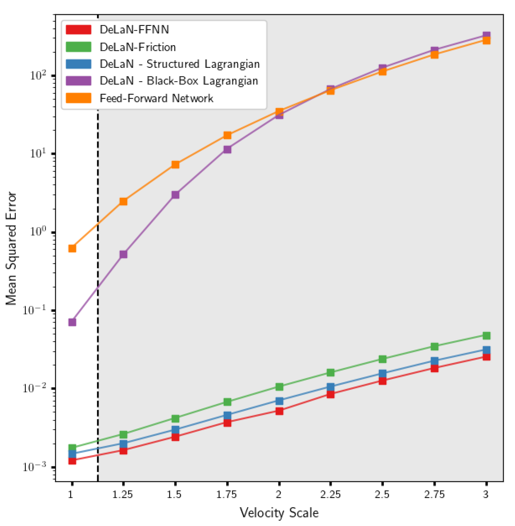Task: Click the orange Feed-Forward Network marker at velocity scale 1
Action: pos(72,248)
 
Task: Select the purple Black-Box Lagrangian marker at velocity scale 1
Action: pos(72,322)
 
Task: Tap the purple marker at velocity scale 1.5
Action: pos(175,195)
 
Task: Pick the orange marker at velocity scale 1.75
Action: pos(227,135)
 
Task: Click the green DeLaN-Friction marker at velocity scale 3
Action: pos(487,336)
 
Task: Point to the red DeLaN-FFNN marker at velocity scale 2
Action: pos(279,411)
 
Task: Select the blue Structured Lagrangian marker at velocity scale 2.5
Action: pos(383,373)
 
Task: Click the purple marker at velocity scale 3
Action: pos(487,35)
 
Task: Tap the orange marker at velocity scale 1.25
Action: pos(123,201)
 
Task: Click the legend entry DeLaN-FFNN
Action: pos(134,30)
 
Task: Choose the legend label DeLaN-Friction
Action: pos(138,47)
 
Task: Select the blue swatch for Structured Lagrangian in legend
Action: pos(79,64)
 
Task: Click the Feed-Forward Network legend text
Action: pos(156,98)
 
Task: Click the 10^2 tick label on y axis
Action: pos(38,76)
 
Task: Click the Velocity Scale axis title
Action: pos(279,512)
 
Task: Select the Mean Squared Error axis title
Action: pos(11,248)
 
